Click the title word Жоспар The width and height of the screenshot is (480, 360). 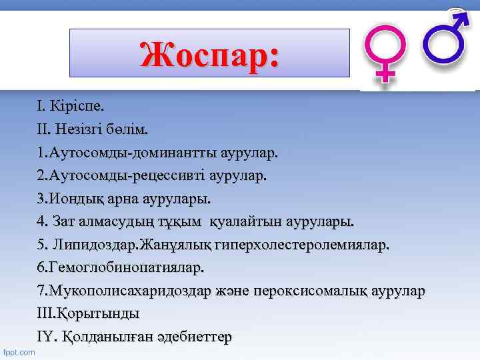point(210,54)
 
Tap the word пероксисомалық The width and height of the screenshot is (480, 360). point(323,291)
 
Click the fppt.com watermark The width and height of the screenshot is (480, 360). point(19,351)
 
